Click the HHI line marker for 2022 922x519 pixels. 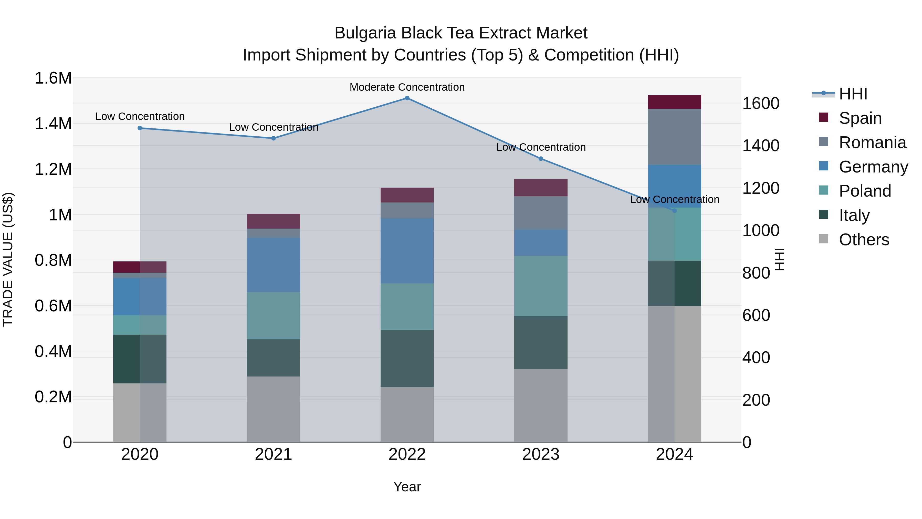click(407, 98)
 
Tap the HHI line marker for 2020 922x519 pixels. click(140, 128)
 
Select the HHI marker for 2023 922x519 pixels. click(541, 159)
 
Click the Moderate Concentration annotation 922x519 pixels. click(407, 87)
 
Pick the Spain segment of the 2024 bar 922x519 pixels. click(674, 102)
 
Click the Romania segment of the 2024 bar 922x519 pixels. click(674, 137)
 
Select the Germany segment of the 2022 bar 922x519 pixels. click(407, 251)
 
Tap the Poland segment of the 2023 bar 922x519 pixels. click(541, 286)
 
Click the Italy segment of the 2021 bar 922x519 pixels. click(274, 358)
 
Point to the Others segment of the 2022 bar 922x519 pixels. click(407, 414)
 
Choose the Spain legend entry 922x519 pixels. click(860, 118)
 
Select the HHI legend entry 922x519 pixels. click(853, 94)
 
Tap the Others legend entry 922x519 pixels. click(864, 240)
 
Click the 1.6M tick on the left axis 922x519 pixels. click(53, 78)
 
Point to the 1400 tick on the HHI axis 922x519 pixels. click(761, 146)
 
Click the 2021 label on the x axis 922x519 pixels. click(274, 454)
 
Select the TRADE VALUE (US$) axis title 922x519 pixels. click(8, 259)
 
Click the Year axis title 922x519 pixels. click(407, 487)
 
